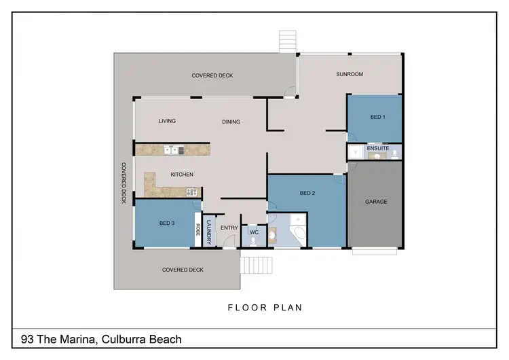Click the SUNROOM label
350,74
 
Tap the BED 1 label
377,118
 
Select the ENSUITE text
377,147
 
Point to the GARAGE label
375,202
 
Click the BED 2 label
308,194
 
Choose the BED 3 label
167,223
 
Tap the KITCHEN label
182,175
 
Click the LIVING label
167,121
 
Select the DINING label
231,122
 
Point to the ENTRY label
229,228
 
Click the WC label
253,233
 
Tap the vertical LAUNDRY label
209,233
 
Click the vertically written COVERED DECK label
124,183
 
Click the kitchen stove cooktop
191,192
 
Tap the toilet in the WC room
272,236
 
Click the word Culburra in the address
124,339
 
